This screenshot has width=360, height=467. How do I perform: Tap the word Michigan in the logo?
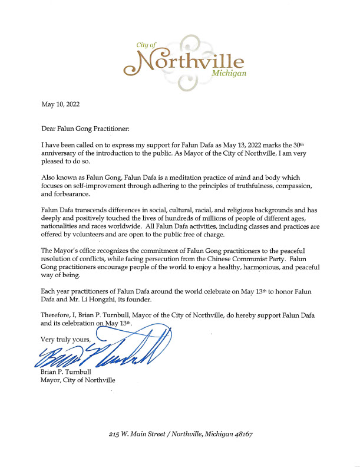coord(229,74)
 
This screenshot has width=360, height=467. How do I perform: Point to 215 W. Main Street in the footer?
coord(142,434)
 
